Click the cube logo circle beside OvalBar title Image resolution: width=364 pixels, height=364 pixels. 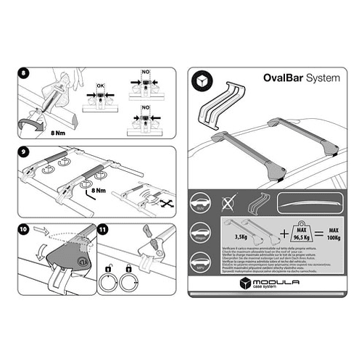click(201, 80)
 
